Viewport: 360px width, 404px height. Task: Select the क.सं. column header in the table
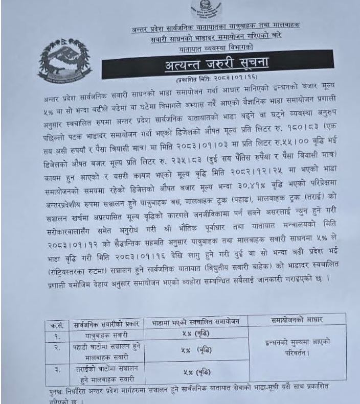click(52, 324)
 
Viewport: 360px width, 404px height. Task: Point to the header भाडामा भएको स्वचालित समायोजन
click(196, 324)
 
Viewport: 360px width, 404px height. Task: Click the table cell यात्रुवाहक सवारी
click(105, 335)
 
